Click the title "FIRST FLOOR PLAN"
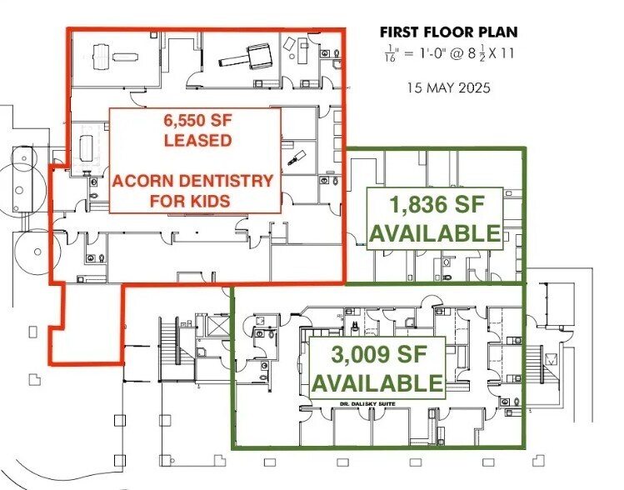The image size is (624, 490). pyautogui.click(x=448, y=32)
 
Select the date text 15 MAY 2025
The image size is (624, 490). pyautogui.click(x=448, y=87)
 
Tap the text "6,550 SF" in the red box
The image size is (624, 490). pyautogui.click(x=197, y=120)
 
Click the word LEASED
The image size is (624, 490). pyautogui.click(x=197, y=140)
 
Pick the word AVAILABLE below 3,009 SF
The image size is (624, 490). pyautogui.click(x=377, y=382)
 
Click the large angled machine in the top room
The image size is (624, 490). pyautogui.click(x=246, y=56)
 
